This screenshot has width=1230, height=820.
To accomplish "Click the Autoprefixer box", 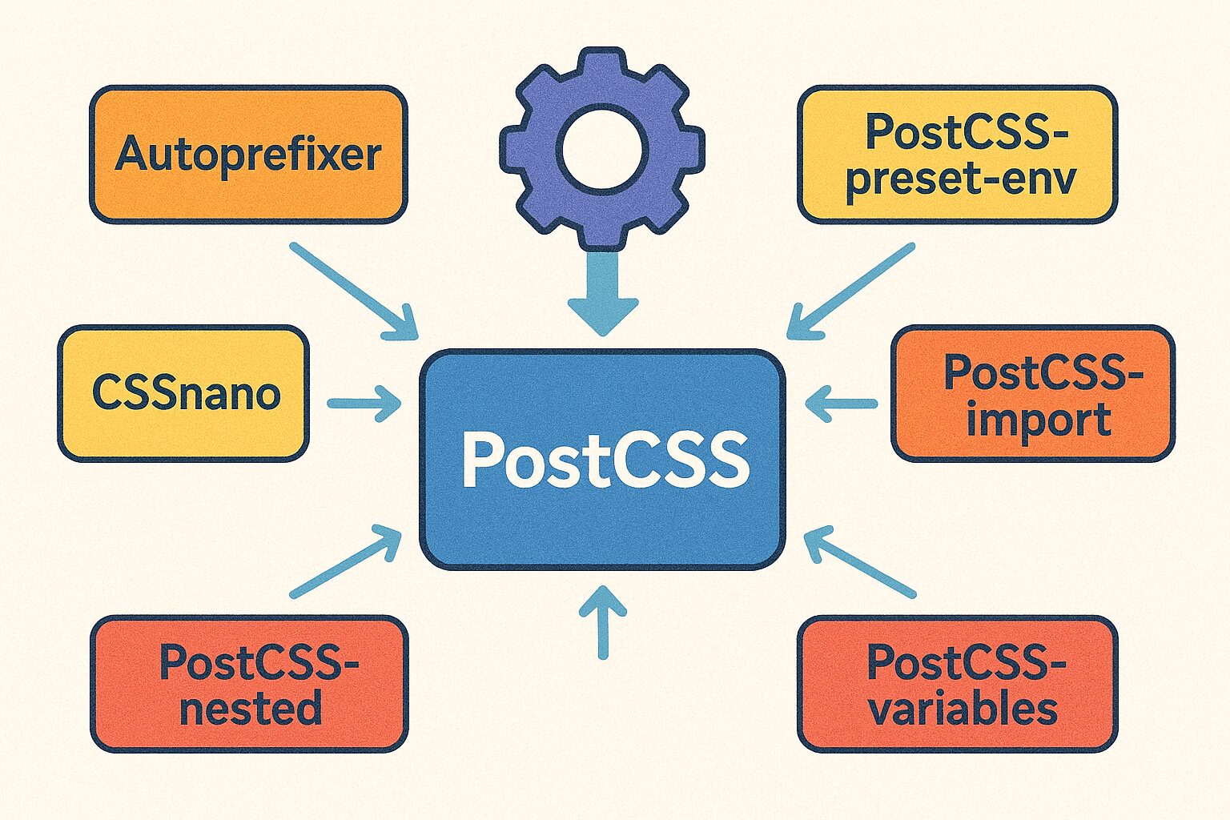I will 248,154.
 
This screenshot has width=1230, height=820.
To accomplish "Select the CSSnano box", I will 183,393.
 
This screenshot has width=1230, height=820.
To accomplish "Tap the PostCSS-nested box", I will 249,684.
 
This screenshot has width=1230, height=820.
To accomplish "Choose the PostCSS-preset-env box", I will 958,154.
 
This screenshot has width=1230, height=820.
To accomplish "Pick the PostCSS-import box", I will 1033,393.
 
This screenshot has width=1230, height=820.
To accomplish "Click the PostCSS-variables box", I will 958,684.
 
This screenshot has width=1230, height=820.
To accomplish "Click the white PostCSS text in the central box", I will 605,460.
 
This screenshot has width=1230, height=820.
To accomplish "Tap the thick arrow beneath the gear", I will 603,292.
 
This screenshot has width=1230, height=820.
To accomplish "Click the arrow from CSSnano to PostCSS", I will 364,404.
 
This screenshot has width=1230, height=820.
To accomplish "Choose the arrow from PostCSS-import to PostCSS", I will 841,404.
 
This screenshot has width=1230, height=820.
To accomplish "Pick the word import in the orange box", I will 1039,420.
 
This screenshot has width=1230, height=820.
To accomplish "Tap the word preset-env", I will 961,179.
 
